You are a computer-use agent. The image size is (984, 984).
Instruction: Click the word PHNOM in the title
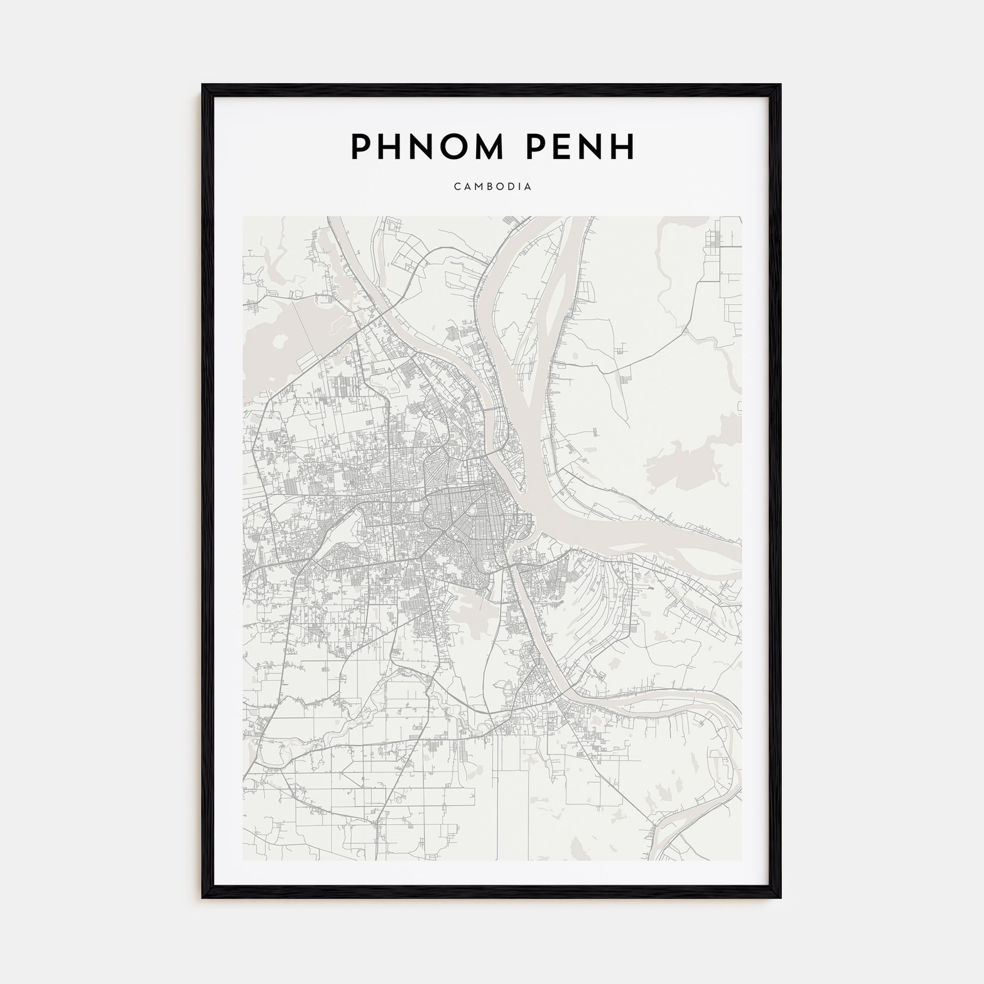(427, 147)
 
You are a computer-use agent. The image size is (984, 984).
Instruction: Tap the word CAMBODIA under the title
(492, 186)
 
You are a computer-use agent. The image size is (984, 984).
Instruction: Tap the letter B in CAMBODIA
(490, 186)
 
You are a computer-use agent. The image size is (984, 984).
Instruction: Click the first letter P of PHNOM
(360, 147)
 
